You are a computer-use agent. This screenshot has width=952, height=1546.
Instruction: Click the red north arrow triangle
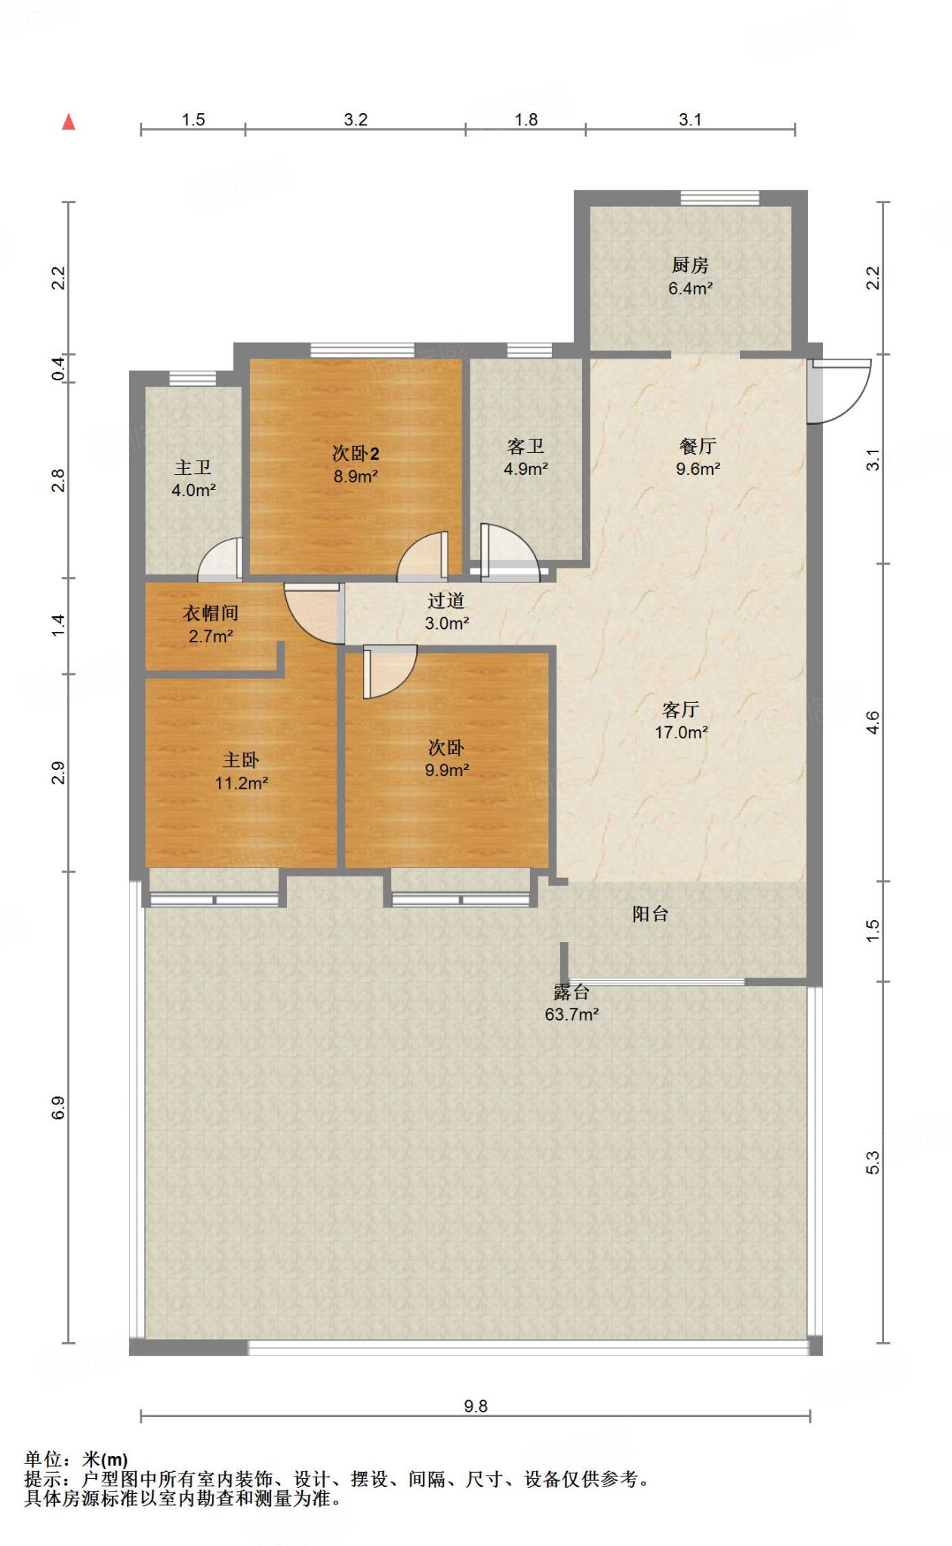69,122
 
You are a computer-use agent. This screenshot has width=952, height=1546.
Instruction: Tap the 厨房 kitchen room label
690,265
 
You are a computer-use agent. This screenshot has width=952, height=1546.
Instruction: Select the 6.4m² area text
690,288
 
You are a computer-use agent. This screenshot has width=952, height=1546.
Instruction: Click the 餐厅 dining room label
698,446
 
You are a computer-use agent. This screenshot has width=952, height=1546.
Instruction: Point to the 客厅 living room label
681,710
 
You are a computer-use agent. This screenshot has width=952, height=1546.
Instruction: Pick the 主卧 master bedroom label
241,760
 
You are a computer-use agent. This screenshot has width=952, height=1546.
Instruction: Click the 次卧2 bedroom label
356,453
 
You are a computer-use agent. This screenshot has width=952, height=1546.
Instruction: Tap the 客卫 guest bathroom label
525,446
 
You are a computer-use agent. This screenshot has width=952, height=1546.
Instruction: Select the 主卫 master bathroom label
193,467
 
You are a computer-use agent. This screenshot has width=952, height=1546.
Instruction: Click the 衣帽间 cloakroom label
211,613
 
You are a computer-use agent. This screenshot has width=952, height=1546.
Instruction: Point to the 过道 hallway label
446,601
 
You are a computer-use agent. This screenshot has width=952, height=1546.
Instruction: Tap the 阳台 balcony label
650,914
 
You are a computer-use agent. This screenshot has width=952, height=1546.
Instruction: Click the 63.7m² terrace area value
572,1015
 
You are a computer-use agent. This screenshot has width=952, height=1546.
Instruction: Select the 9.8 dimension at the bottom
476,1406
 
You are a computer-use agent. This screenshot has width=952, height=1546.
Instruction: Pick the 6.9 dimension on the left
58,1107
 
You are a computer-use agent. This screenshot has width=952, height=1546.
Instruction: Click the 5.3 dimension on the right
873,1163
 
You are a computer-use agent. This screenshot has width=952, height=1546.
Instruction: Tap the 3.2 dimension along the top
356,119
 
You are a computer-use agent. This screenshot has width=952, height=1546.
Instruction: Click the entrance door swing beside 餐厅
838,391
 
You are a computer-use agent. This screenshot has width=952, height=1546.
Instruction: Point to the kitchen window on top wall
719,198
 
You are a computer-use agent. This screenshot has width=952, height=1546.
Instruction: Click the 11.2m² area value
241,784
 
